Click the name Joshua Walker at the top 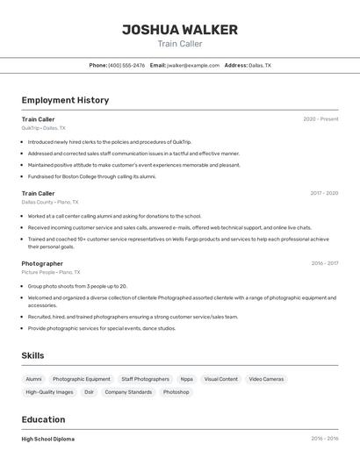pyautogui.click(x=179, y=30)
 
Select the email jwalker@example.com pyautogui.click(x=193, y=65)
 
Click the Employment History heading pyautogui.click(x=65, y=100)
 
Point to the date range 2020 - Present pyautogui.click(x=320, y=119)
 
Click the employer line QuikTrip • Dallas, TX pyautogui.click(x=44, y=128)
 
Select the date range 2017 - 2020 pyautogui.click(x=324, y=193)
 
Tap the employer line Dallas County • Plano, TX pyautogui.click(x=50, y=202)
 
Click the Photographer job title pyautogui.click(x=42, y=263)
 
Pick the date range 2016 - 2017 pyautogui.click(x=324, y=263)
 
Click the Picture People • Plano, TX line pyautogui.click(x=51, y=272)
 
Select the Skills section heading pyautogui.click(x=33, y=355)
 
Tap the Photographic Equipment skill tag pyautogui.click(x=82, y=379)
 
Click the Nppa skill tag pyautogui.click(x=187, y=379)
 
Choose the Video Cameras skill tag pyautogui.click(x=266, y=379)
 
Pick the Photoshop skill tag pyautogui.click(x=176, y=392)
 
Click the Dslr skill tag pyautogui.click(x=90, y=392)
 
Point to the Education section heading pyautogui.click(x=43, y=419)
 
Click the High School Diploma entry pyautogui.click(x=48, y=439)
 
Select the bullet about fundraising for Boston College pyautogui.click(x=92, y=176)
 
